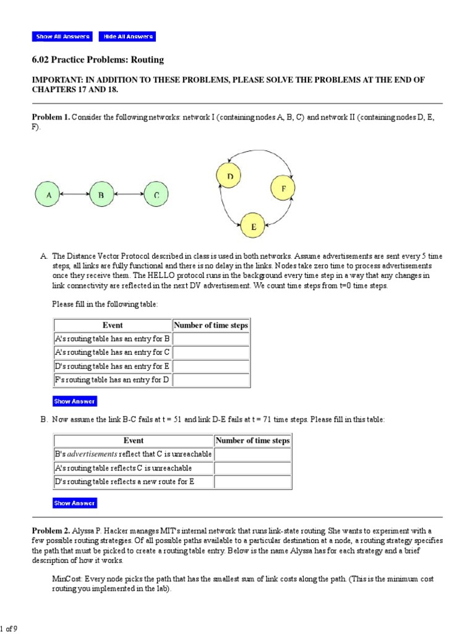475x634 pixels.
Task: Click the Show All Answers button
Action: coord(62,37)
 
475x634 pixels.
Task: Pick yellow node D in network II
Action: coord(229,177)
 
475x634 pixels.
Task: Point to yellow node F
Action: coord(283,188)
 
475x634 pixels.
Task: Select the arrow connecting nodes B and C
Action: coord(130,195)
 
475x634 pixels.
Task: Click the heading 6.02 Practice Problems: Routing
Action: coord(98,59)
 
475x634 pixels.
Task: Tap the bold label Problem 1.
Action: coord(51,117)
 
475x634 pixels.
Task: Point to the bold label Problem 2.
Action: coord(51,531)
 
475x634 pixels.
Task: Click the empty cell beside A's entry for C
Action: coord(211,352)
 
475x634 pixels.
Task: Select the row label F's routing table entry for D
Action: coord(112,380)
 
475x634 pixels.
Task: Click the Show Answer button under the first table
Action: coord(75,401)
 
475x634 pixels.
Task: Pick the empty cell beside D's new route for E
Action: coord(252,481)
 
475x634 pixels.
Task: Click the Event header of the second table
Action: coord(133,440)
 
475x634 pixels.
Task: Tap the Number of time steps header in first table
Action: coord(211,325)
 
